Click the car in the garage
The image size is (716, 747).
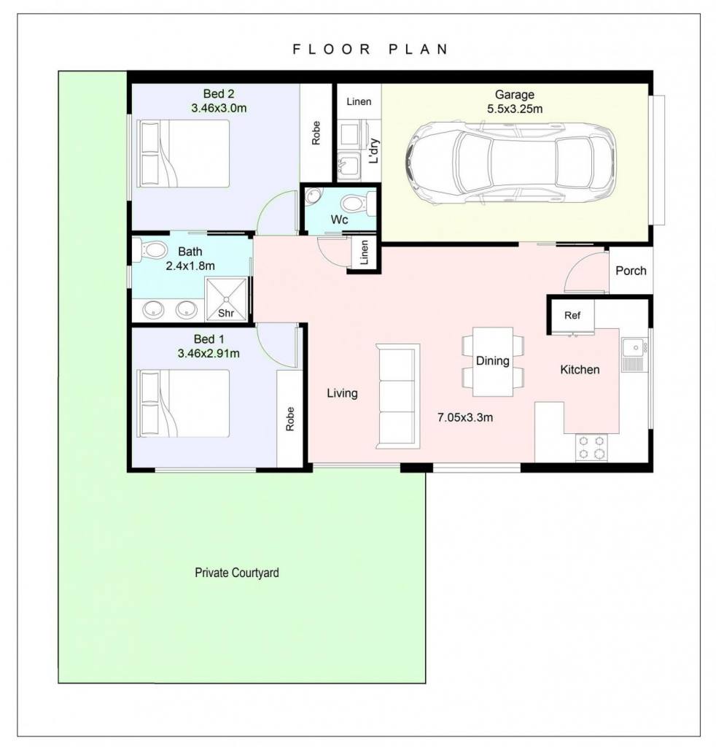point(511,163)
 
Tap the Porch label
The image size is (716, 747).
point(631,271)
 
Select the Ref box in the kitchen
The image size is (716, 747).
point(572,315)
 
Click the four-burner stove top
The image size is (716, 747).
point(591,447)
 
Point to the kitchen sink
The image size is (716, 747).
point(634,355)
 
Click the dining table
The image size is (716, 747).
point(493,362)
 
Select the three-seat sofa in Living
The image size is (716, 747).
point(398,396)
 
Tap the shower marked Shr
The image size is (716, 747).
point(226,299)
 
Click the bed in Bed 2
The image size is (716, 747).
point(183,153)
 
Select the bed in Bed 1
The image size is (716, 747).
point(183,403)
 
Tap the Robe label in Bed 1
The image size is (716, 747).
point(290,419)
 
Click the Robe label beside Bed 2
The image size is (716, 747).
point(316,133)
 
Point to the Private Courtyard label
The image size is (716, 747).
point(237,573)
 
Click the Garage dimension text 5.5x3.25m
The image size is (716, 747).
point(515,109)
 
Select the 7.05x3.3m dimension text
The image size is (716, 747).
point(465,417)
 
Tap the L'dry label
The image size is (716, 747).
point(374,150)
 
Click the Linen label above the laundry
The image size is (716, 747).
point(359,101)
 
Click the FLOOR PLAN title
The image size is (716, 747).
point(370,49)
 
